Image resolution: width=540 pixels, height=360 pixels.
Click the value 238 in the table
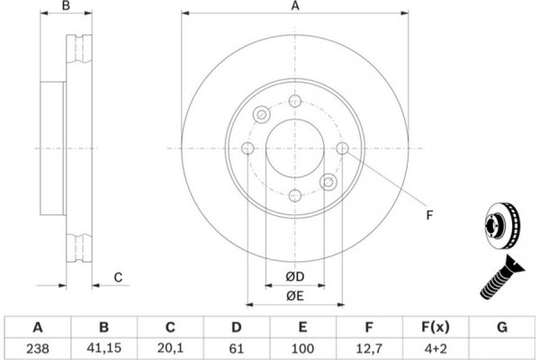pyautogui.click(x=38, y=348)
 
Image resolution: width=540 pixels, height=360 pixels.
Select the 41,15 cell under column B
pyautogui.click(x=104, y=348)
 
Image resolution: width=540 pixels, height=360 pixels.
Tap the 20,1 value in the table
pyautogui.click(x=170, y=348)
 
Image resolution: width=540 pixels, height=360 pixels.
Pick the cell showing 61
pyautogui.click(x=236, y=348)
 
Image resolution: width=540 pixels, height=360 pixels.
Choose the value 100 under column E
pyautogui.click(x=302, y=348)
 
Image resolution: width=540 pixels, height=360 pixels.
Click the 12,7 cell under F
pyautogui.click(x=369, y=348)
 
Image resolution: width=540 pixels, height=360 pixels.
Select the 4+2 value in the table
pyautogui.click(x=436, y=348)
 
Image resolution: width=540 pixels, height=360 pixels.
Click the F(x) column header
pyautogui.click(x=436, y=327)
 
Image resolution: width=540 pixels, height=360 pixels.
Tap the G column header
pyautogui.click(x=502, y=327)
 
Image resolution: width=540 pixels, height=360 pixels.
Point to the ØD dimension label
pyautogui.click(x=295, y=276)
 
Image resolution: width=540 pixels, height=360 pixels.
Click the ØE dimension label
pyautogui.click(x=295, y=295)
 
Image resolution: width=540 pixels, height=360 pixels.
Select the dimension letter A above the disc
pyautogui.click(x=295, y=6)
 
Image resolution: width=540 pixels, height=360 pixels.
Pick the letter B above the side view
pyautogui.click(x=66, y=5)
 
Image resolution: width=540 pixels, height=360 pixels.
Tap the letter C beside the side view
pyautogui.click(x=118, y=277)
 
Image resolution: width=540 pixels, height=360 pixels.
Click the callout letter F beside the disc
pyautogui.click(x=429, y=215)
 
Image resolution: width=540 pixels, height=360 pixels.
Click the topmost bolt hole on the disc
pyautogui.click(x=295, y=101)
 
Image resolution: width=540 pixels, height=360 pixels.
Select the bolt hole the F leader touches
pyautogui.click(x=342, y=148)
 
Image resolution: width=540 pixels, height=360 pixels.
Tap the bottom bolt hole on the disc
pyautogui.click(x=295, y=195)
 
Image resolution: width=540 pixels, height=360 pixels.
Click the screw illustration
pyautogui.click(x=501, y=277)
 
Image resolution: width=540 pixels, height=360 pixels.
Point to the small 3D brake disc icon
pyautogui.click(x=502, y=226)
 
